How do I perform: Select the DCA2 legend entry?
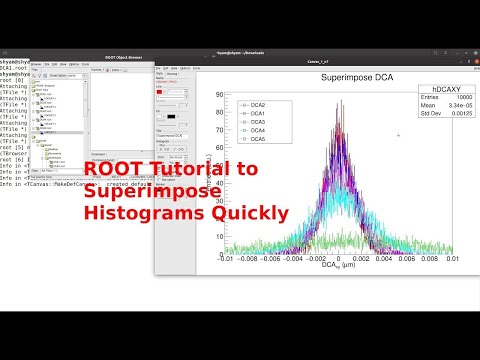point(257,104)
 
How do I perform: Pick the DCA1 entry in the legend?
point(257,113)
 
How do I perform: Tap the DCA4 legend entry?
point(257,131)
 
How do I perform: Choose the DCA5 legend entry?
point(257,140)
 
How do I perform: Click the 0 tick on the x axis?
point(338,258)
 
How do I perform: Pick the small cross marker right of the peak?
point(399,135)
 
